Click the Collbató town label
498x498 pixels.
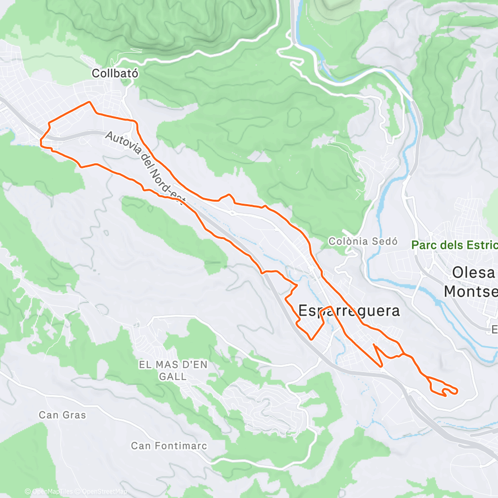click(x=115, y=73)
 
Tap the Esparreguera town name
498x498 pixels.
click(x=349, y=311)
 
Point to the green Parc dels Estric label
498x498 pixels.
click(x=454, y=245)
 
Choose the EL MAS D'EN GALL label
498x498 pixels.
click(x=173, y=371)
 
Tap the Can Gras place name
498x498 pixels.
click(x=62, y=415)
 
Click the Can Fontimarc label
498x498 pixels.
click(x=169, y=445)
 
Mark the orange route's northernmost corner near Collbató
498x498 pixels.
click(x=89, y=102)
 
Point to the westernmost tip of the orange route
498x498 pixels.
click(x=40, y=142)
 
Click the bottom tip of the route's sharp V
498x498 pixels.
click(x=381, y=367)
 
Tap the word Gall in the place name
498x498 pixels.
click(x=173, y=376)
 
